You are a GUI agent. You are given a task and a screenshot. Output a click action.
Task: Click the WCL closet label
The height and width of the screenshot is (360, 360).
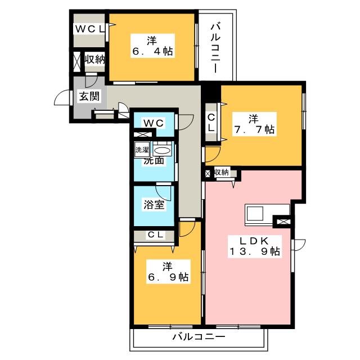(x=89, y=29)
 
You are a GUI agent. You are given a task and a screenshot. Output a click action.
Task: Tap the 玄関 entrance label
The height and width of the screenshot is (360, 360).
(x=89, y=96)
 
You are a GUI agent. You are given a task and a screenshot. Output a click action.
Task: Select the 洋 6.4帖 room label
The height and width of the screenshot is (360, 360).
(x=152, y=46)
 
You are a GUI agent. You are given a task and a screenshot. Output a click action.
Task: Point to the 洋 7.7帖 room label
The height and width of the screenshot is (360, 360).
(x=254, y=124)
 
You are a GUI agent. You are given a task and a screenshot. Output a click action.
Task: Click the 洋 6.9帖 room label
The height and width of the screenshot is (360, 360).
(x=169, y=272)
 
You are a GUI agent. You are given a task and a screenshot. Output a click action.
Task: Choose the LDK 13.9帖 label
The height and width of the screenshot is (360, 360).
(x=254, y=246)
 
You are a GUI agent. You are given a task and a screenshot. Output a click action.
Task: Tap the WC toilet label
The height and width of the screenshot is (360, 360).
(x=154, y=123)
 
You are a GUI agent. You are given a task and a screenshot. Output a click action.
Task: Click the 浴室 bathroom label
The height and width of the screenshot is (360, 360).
(x=154, y=205)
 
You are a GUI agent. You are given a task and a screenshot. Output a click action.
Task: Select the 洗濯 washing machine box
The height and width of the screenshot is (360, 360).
(x=142, y=150)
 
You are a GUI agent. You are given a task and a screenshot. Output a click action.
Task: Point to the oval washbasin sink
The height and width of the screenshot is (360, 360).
(x=162, y=151)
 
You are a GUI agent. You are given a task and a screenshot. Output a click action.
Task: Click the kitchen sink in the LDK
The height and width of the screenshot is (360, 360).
(x=255, y=213)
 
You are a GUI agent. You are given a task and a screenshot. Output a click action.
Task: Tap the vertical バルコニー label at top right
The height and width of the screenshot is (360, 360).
(x=215, y=48)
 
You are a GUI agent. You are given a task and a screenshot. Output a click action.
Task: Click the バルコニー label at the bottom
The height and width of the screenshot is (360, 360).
(x=199, y=337)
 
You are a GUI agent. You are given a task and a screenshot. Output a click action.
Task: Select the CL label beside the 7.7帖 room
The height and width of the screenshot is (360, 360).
(x=211, y=123)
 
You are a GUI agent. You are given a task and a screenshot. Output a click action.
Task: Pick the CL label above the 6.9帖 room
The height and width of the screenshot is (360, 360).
(x=155, y=235)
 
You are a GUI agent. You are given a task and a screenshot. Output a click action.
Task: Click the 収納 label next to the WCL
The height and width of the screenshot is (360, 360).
(x=94, y=60)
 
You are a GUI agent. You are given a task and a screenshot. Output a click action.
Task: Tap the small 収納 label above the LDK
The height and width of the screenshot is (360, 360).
(x=222, y=172)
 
